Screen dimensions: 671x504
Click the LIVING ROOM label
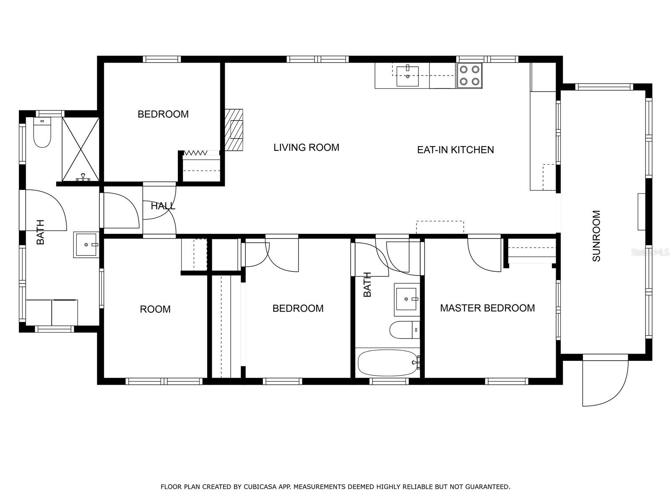click(306, 147)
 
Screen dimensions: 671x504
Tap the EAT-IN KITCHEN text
click(455, 150)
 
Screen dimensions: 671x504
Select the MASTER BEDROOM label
click(487, 308)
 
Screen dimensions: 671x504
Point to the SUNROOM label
click(596, 236)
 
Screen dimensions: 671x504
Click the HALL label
click(163, 206)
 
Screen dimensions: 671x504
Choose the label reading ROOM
click(155, 309)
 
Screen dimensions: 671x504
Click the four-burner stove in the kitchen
click(470, 76)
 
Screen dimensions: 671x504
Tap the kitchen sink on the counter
click(408, 76)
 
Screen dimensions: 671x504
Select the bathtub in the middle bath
click(388, 363)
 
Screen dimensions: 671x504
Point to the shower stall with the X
click(81, 150)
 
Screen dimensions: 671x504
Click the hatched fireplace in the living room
click(234, 130)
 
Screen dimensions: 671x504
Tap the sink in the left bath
click(86, 244)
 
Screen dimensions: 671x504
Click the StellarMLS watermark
click(649, 252)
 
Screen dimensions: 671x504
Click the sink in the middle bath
click(406, 299)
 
